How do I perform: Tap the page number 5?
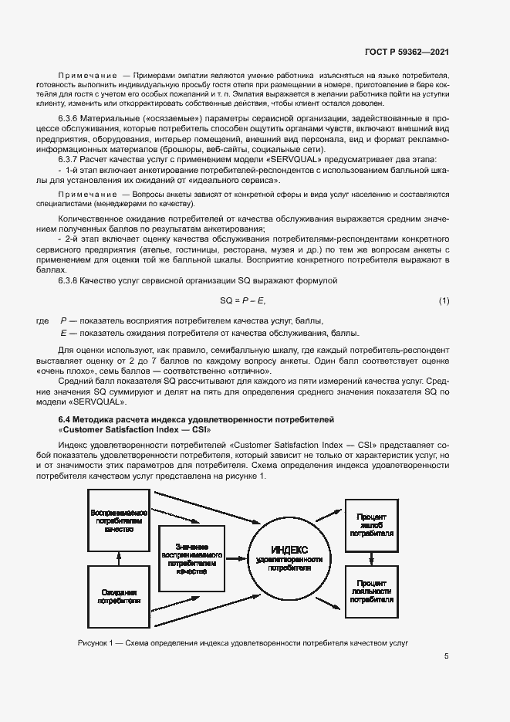coord(446,657)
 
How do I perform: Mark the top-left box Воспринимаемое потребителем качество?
coord(118,521)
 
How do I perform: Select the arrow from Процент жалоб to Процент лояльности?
coord(371,558)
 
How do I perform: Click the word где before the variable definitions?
coord(42,320)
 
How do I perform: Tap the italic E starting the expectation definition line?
coord(62,333)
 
